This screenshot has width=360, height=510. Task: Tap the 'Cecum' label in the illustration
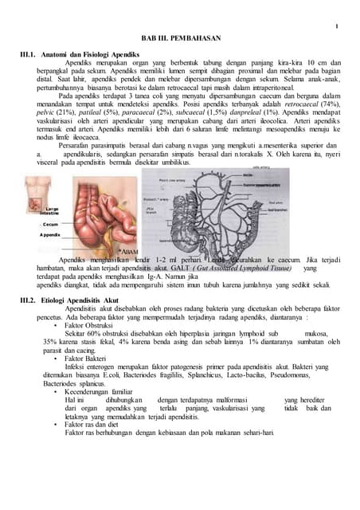point(49,225)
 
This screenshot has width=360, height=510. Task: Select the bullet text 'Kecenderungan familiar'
point(100,391)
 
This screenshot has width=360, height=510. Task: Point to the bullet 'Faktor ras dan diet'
point(92,425)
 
